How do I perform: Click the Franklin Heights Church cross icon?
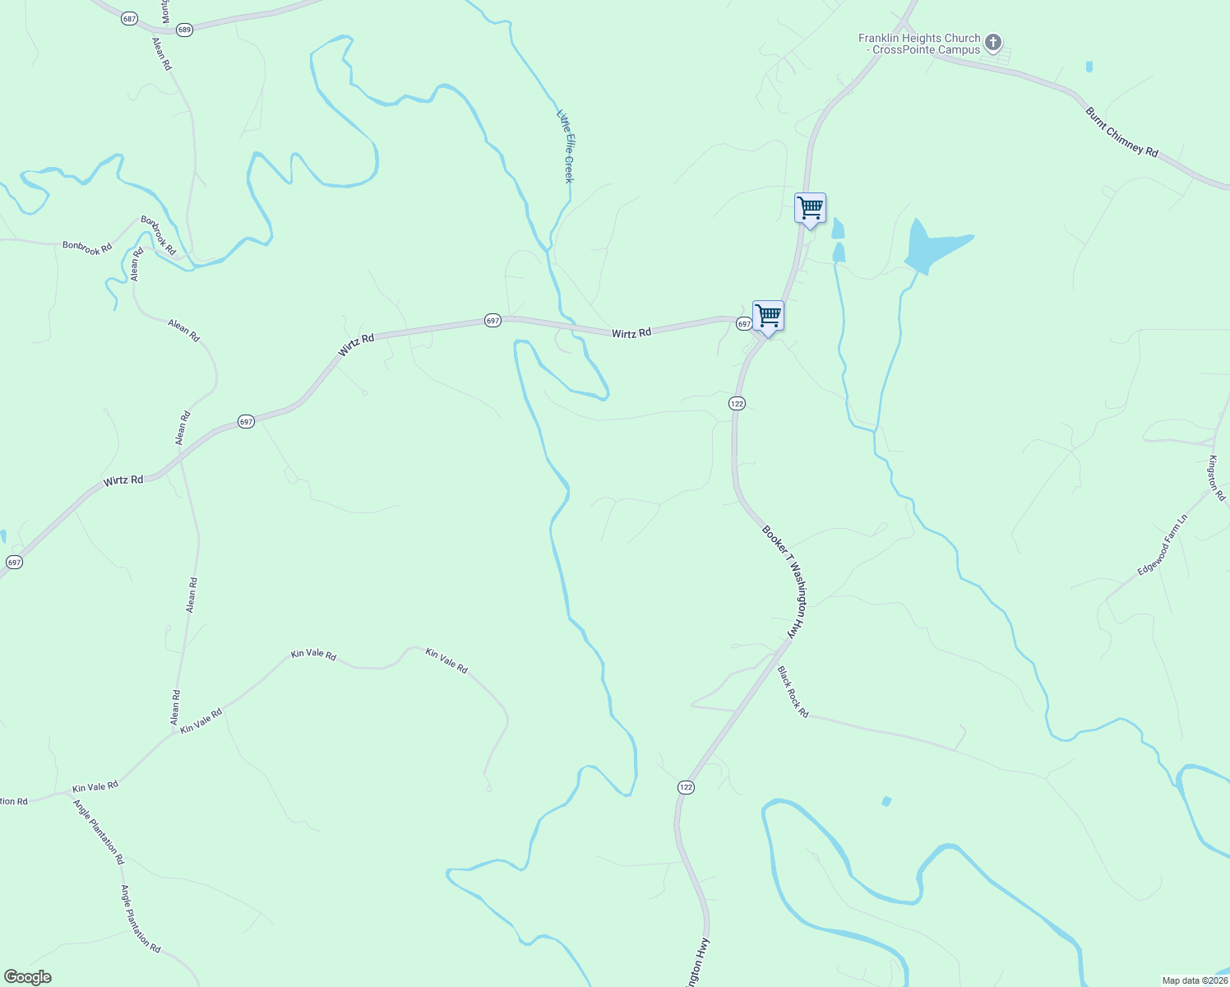(x=993, y=42)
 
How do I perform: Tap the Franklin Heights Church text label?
(x=919, y=44)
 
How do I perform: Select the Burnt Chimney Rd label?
(x=1121, y=132)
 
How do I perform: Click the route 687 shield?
(x=129, y=18)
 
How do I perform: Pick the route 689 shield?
(x=184, y=30)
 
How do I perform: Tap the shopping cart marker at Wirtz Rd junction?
(x=768, y=315)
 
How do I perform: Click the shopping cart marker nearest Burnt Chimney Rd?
(x=810, y=208)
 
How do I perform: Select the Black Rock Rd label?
(x=793, y=692)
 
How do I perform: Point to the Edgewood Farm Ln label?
(x=1163, y=545)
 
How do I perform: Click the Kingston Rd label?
(x=1216, y=479)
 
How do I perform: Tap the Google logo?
(x=28, y=977)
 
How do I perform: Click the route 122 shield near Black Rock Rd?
(x=687, y=787)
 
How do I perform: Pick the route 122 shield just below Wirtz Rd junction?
(x=736, y=403)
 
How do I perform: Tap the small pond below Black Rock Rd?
(x=886, y=801)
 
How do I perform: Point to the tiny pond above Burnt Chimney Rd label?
(x=1089, y=67)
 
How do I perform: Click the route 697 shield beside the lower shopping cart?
(x=743, y=324)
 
